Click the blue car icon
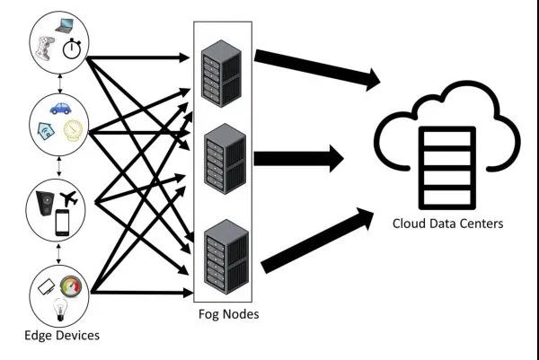(x=60, y=110)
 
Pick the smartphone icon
(x=62, y=222)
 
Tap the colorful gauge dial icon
(x=71, y=286)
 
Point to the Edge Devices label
(x=61, y=336)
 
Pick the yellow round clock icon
(x=71, y=131)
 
